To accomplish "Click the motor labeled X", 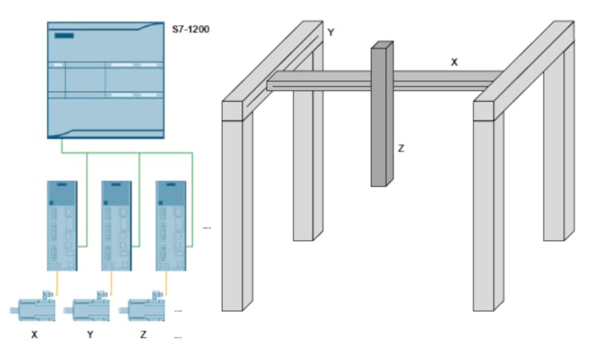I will tap(33, 306).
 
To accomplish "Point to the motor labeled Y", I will tap(91, 306).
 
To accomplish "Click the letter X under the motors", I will tap(34, 335).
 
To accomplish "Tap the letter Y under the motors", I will tap(91, 335).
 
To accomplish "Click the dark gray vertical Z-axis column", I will tap(381, 118).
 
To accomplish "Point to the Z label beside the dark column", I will tap(401, 148).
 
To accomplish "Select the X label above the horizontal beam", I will tap(454, 63).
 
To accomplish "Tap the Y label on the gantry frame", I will tap(330, 32).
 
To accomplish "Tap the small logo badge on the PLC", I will tap(65, 35).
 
